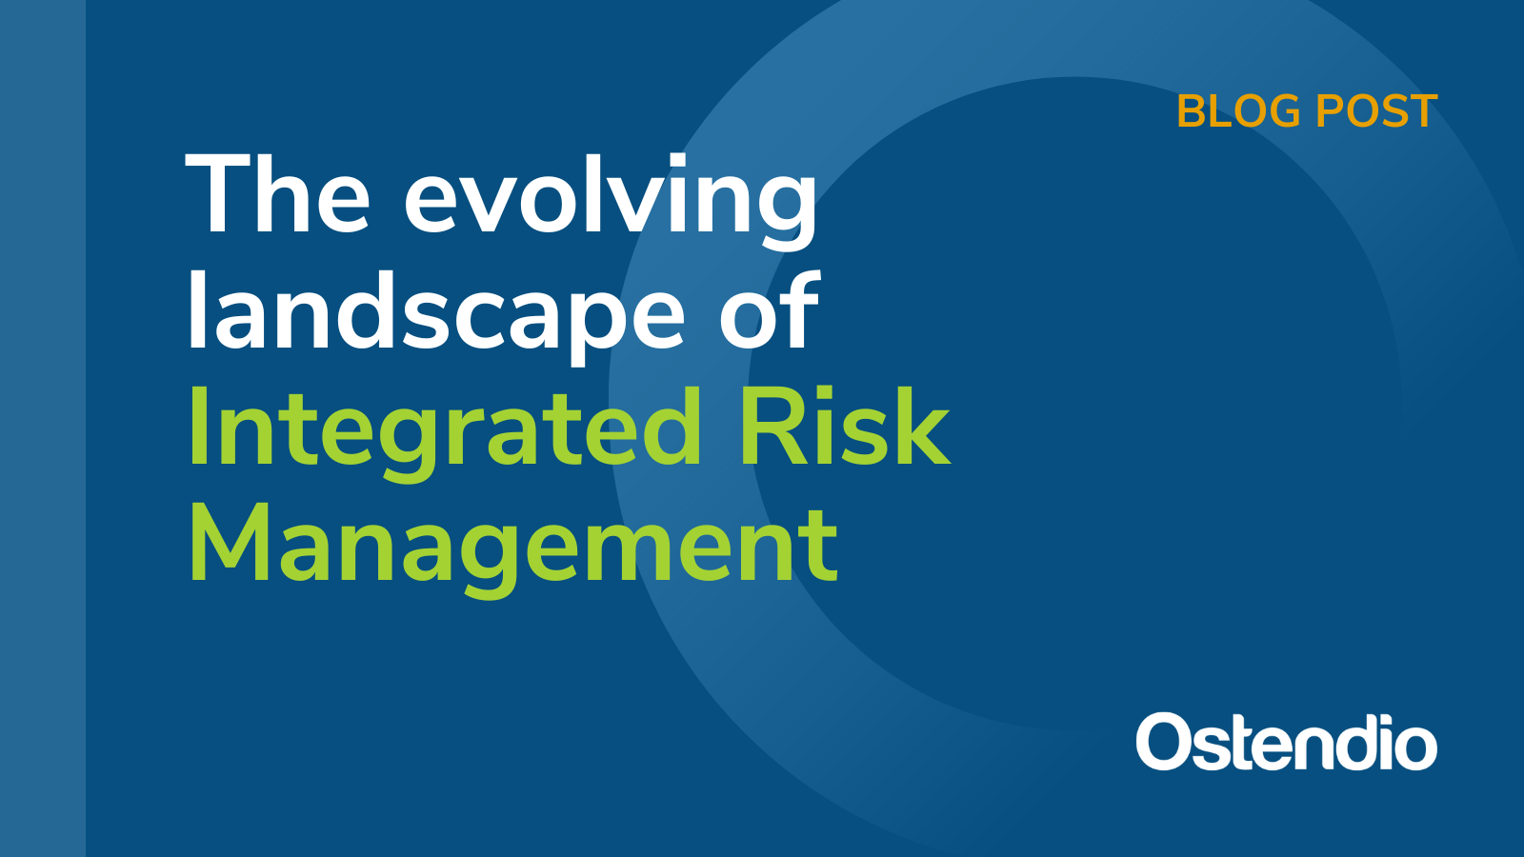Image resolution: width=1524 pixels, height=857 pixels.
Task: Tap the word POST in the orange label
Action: [1376, 111]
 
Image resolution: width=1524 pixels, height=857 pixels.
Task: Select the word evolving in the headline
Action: [611, 198]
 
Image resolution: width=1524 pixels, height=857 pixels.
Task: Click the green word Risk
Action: [844, 428]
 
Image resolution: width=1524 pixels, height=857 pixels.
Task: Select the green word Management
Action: [513, 547]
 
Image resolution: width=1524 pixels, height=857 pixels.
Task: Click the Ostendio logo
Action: [1286, 742]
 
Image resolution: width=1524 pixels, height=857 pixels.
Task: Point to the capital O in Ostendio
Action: [1163, 743]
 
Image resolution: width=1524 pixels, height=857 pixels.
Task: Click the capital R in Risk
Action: [771, 428]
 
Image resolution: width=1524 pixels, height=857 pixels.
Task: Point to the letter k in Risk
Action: [918, 428]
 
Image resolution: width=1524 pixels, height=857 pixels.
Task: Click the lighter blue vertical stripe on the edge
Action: [43, 428]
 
